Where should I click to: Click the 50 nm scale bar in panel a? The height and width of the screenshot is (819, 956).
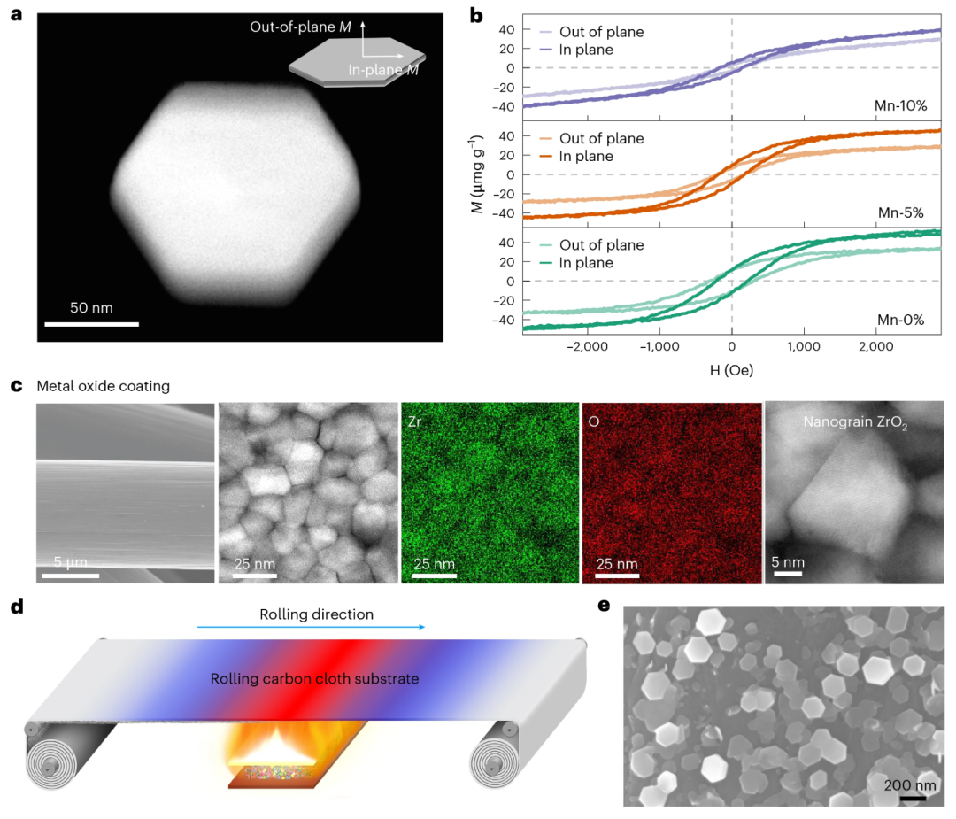click(91, 324)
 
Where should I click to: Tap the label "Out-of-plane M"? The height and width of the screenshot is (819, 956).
click(301, 27)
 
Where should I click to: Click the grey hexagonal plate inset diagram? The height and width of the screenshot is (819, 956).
click(357, 62)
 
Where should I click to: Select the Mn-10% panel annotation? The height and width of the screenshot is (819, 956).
click(900, 105)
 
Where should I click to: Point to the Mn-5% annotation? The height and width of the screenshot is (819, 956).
click(900, 212)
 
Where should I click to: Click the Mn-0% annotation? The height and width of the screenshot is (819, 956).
click(900, 320)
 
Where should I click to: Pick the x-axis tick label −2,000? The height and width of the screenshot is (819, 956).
click(587, 346)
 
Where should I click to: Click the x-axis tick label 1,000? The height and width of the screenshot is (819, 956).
click(804, 346)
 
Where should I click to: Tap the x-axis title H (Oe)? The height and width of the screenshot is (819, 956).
click(732, 370)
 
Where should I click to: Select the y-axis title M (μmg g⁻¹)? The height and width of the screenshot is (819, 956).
click(476, 174)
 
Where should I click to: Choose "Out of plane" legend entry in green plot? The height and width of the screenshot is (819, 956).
click(591, 245)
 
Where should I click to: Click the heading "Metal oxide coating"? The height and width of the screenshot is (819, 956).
click(103, 386)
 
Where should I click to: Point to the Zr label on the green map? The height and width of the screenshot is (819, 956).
click(414, 421)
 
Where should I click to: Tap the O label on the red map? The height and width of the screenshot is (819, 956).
click(594, 421)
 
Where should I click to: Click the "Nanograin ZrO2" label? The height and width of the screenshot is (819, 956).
click(855, 422)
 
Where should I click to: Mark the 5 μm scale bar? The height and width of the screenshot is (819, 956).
click(70, 575)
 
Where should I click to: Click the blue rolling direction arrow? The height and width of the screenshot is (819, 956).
click(311, 626)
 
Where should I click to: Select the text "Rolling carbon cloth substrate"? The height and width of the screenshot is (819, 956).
click(314, 679)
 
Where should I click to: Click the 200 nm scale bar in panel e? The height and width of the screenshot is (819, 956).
click(913, 798)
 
